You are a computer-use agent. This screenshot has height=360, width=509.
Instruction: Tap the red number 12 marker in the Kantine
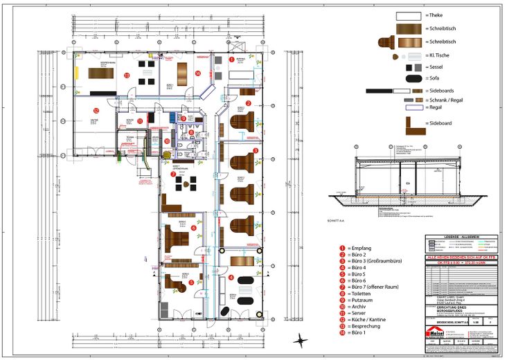[96, 110]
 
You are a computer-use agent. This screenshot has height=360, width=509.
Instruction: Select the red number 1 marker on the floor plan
[231, 60]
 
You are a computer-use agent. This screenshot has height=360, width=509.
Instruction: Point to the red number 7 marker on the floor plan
[173, 174]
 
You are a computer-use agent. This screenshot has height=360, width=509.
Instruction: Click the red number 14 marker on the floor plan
[197, 73]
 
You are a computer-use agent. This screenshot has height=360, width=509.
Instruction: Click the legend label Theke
[436, 15]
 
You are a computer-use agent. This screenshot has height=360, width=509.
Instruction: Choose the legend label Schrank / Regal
[449, 100]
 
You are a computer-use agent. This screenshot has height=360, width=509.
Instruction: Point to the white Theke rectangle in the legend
[409, 15]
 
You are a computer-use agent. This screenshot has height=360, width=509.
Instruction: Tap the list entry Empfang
[361, 247]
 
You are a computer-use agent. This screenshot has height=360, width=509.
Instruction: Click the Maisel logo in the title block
[436, 334]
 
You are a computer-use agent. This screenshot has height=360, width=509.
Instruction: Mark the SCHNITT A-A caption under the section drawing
[335, 220]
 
